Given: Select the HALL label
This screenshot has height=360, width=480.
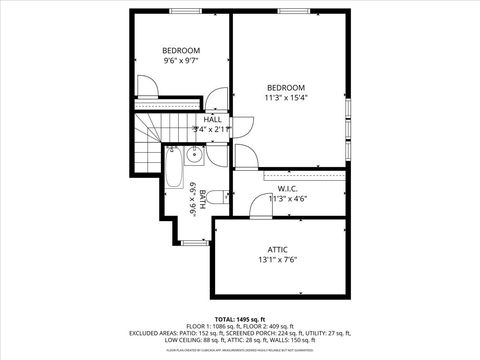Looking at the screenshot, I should [x=212, y=119].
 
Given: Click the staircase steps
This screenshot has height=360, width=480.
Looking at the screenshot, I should [x=150, y=130].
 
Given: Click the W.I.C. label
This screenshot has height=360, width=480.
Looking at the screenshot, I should [x=288, y=188].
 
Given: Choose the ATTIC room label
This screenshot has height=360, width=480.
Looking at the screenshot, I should [x=277, y=249].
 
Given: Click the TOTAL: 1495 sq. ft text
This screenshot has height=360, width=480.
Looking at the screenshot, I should [x=240, y=318].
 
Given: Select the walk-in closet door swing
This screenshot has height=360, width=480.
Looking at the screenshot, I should [x=260, y=205].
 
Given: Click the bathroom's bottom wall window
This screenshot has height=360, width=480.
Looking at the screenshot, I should [x=195, y=241].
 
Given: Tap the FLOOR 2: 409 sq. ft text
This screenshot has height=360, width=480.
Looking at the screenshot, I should [x=275, y=325].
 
